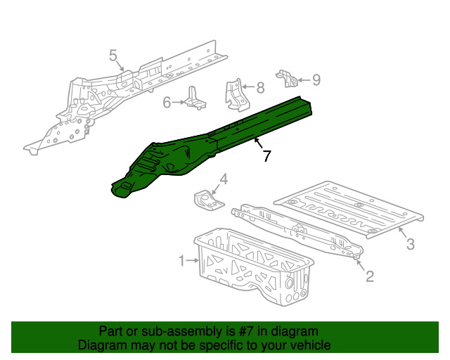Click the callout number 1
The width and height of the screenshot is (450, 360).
(x=181, y=261)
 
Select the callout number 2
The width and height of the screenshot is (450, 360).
(x=370, y=276)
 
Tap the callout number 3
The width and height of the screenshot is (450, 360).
(x=411, y=244)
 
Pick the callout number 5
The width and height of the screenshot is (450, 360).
(x=112, y=56)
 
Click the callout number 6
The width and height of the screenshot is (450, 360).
(x=167, y=103)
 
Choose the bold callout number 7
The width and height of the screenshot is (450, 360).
(x=266, y=156)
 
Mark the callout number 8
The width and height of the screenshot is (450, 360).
(x=260, y=88)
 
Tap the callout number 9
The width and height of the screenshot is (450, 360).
(x=316, y=80)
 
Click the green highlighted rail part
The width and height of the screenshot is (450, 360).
(x=211, y=141)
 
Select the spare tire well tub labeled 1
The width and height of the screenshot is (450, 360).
(x=253, y=267)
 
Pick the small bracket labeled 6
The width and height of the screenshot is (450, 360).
(x=195, y=99)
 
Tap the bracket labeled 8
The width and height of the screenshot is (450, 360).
(x=234, y=94)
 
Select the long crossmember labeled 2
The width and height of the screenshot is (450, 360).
(x=299, y=229)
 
